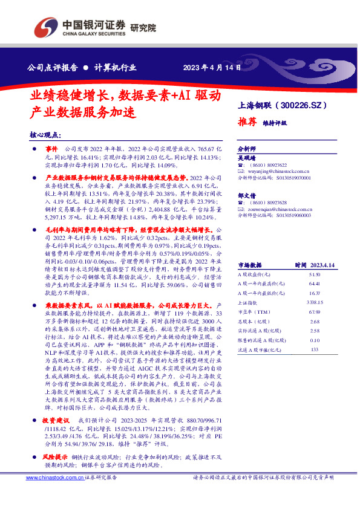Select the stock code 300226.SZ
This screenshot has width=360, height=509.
point(307,105)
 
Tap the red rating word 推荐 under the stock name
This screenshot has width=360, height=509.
point(247,121)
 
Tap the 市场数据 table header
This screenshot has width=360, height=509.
point(249,265)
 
